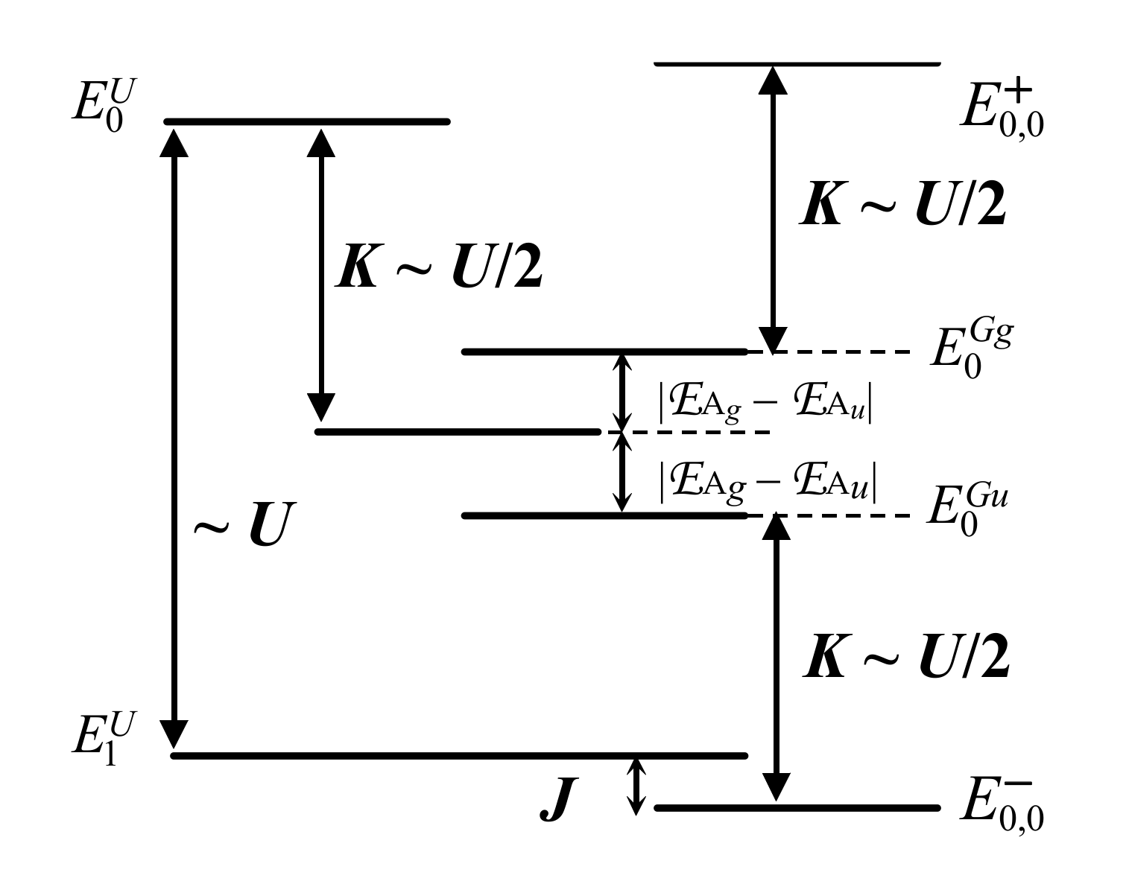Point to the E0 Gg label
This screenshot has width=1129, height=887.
(970, 351)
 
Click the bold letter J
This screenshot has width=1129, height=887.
(559, 801)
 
